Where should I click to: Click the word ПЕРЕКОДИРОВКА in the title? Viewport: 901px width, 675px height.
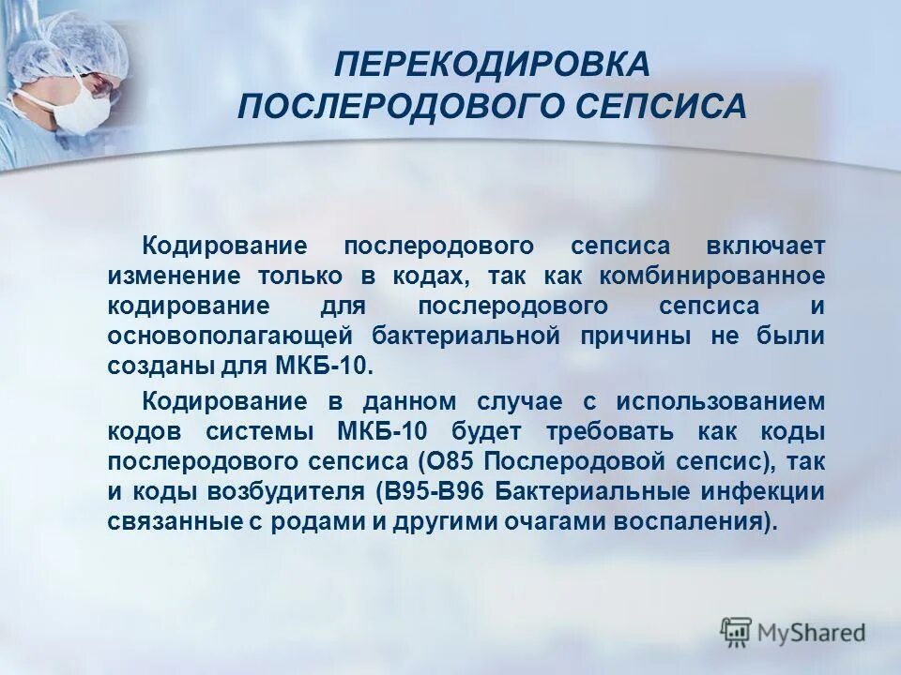coord(492,65)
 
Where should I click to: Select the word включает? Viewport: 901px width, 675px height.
coord(767,247)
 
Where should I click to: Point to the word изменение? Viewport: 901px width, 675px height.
coord(170,277)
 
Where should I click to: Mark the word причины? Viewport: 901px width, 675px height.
coord(640,336)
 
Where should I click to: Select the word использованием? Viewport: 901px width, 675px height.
coord(721,402)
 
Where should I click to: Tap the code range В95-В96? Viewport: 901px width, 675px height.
coord(434,492)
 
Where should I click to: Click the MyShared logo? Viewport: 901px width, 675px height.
coord(792,632)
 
